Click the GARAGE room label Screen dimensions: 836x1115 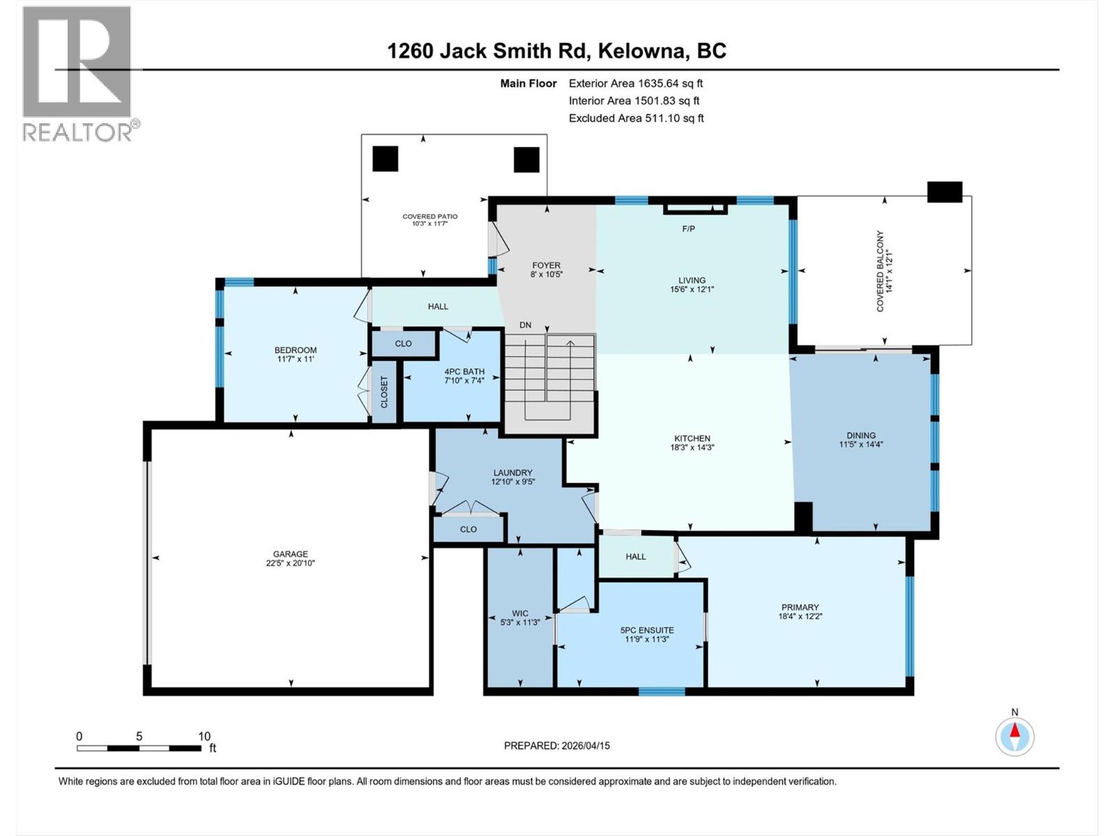pos(290,554)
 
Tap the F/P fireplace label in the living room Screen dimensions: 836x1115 pos(688,229)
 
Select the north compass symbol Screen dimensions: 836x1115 pos(1015,736)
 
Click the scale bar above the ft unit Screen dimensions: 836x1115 pos(139,748)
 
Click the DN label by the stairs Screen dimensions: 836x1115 pos(525,325)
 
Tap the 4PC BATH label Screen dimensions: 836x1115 pos(465,371)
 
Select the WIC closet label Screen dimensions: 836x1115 pos(520,613)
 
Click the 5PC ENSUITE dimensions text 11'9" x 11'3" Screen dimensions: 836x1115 pos(647,639)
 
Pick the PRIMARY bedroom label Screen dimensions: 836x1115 pos(800,607)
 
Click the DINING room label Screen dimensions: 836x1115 pos(861,435)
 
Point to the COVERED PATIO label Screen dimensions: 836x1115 pos(430,216)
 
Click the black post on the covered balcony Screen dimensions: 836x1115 pos(944,192)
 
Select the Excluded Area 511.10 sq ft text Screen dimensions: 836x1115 pos(636,118)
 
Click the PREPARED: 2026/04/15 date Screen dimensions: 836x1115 pos(557,745)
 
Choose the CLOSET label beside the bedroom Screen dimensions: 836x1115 pos(384,392)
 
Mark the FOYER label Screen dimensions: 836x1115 pos(546,265)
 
